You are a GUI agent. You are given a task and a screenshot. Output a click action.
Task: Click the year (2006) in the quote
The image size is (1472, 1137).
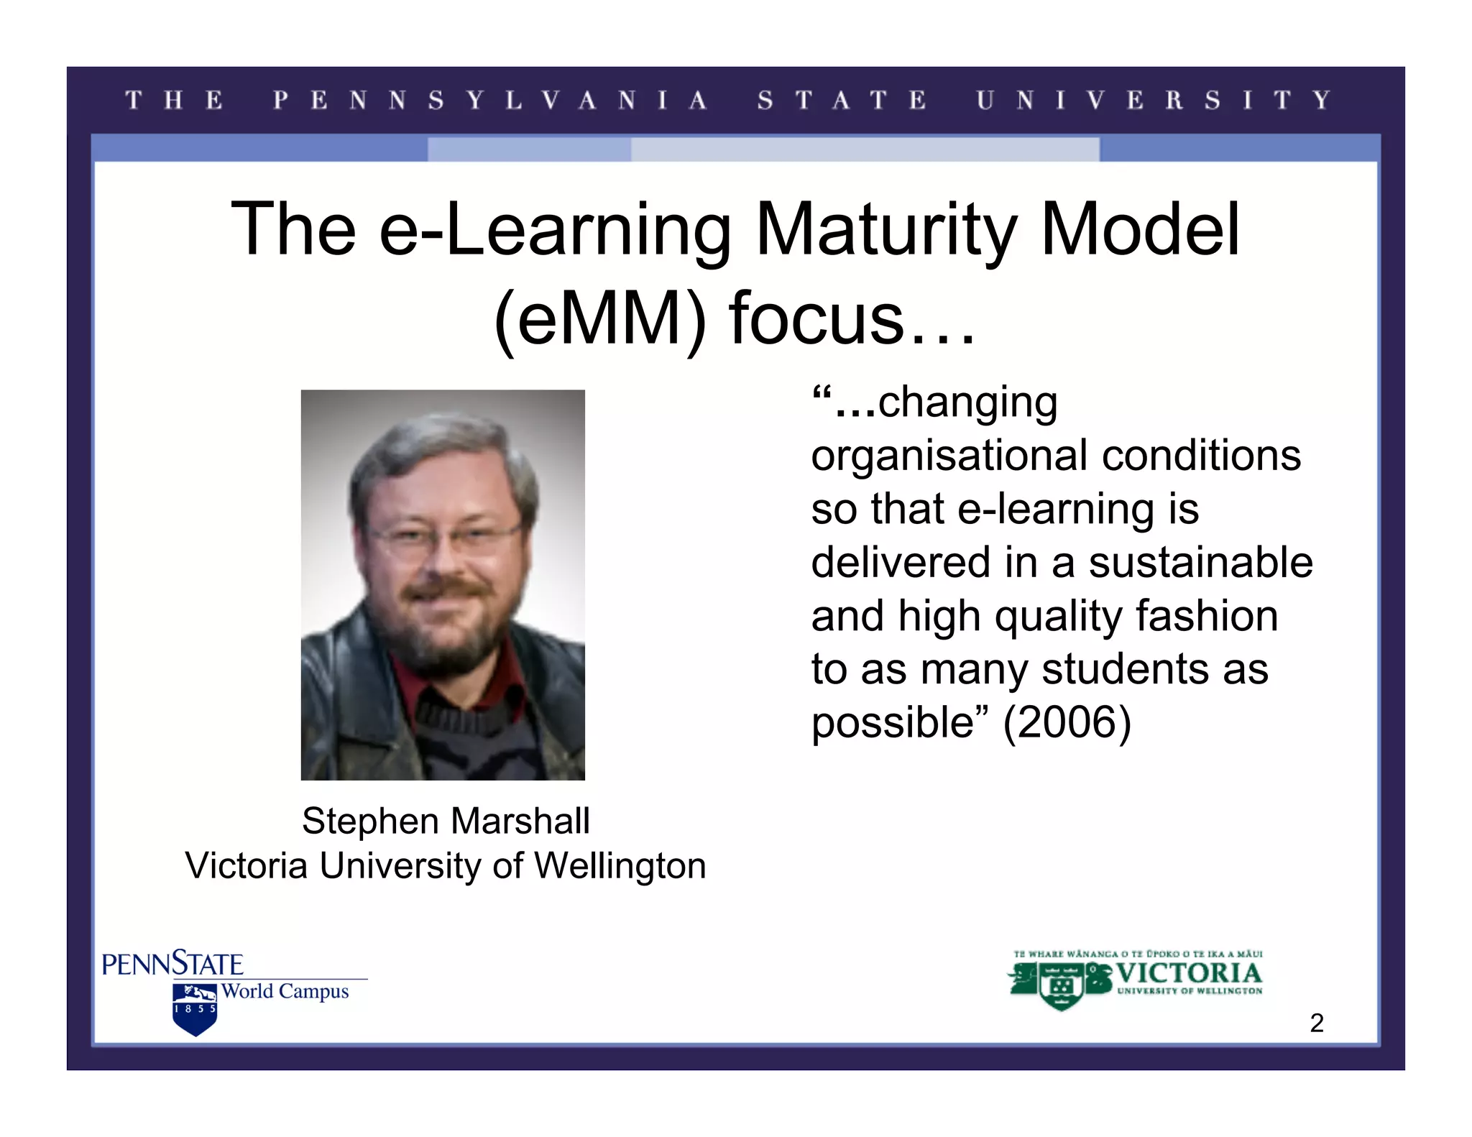(x=1067, y=722)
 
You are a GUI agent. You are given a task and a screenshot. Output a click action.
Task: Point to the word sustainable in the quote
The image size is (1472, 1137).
(x=1200, y=562)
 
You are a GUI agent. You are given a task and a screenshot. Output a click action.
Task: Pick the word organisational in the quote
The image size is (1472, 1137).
(x=949, y=456)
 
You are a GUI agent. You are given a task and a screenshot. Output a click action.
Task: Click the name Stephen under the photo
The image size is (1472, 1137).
(x=371, y=821)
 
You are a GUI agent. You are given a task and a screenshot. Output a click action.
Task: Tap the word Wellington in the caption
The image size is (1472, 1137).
(x=620, y=865)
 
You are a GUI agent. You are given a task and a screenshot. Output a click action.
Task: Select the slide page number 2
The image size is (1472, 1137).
(x=1316, y=1023)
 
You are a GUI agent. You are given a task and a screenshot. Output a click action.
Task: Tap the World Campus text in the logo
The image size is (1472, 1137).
(x=285, y=992)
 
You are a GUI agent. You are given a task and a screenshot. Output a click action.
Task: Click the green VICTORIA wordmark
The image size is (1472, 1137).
(x=1189, y=973)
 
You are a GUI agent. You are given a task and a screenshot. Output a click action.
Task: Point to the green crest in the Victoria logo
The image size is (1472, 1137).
(x=1062, y=985)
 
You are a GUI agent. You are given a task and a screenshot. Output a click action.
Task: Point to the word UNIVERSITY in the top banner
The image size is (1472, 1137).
(x=1154, y=100)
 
